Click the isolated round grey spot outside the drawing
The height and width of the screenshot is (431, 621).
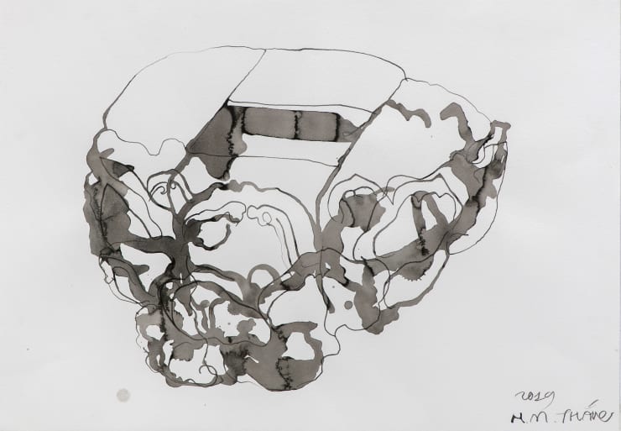pos(123,395)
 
